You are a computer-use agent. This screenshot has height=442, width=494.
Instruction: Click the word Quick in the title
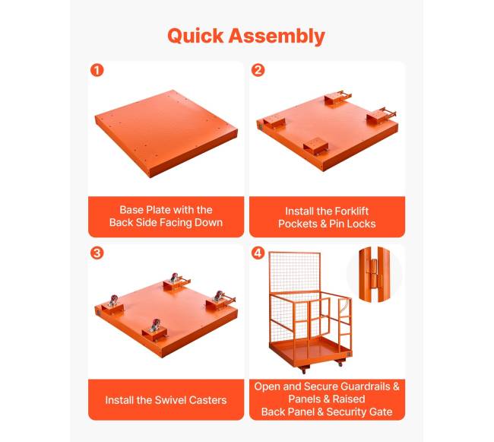195,36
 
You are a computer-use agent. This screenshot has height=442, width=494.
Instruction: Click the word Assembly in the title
277,37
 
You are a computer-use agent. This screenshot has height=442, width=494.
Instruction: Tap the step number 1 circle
97,70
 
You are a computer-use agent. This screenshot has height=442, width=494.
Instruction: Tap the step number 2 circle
258,70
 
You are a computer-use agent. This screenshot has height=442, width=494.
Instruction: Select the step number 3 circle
97,253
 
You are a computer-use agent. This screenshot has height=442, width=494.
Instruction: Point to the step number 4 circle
258,253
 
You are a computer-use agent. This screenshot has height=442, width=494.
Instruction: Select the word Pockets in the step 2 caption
298,224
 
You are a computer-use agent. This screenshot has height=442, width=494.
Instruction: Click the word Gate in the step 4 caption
381,412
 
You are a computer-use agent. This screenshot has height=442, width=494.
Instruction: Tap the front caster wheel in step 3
155,325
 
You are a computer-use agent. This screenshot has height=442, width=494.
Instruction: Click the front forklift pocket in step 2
316,148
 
